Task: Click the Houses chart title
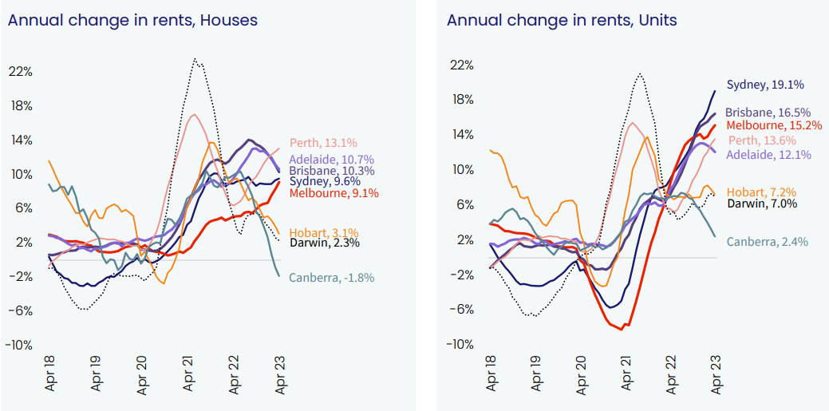pos(132,20)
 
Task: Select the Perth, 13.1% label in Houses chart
pos(322,144)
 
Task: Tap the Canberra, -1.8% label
pos(331,278)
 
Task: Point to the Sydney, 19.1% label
pos(765,85)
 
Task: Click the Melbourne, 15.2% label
pos(773,125)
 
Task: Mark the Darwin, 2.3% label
pos(324,243)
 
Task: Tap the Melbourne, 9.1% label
pos(334,193)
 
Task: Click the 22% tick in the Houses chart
pos(20,71)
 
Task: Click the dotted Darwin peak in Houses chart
pos(195,59)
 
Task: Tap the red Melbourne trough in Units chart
pos(622,329)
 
